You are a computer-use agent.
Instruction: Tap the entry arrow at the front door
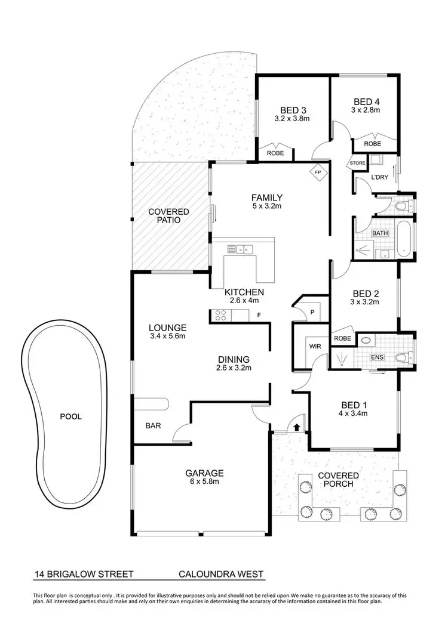[x=297, y=425]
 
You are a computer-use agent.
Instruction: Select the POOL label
[x=71, y=416]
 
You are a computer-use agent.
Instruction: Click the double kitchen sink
[x=242, y=249]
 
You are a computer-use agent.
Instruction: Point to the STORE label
[x=357, y=163]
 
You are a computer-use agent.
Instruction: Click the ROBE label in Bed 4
[x=373, y=144]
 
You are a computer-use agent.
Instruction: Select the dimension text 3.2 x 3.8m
[x=293, y=118]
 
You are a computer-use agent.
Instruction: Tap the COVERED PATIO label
[x=168, y=216]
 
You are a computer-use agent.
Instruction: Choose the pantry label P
[x=313, y=313]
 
